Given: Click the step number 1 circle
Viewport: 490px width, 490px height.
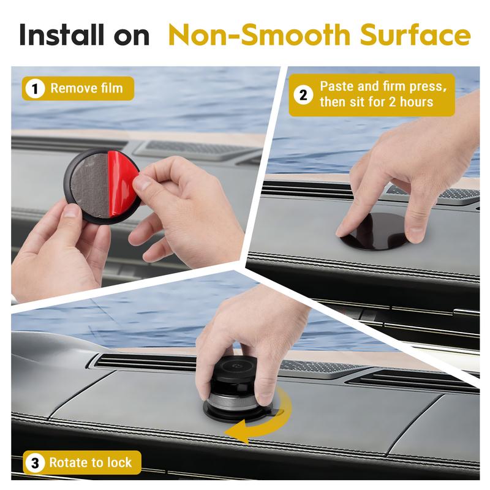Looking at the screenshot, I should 36,89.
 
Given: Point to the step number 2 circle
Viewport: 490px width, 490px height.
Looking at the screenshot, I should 303,94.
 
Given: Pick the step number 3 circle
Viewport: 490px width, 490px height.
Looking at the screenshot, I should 35,463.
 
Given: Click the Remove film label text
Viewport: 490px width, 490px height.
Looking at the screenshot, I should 86,89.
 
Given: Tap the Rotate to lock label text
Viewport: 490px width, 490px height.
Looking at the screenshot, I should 90,463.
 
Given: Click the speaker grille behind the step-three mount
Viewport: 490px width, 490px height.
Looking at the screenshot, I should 318,366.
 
